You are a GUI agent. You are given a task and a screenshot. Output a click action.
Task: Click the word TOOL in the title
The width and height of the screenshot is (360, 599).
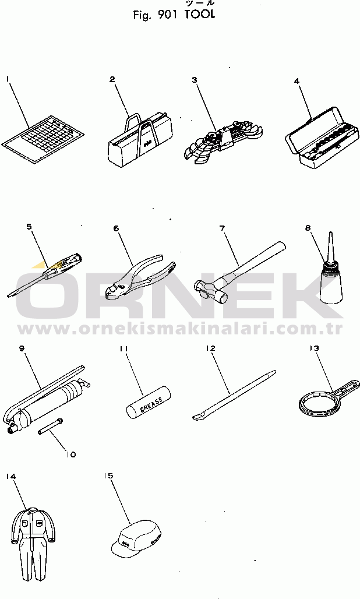[200, 15]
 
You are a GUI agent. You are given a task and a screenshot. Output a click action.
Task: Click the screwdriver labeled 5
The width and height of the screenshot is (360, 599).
[45, 274]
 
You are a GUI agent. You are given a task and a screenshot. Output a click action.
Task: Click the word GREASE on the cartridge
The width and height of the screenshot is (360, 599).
[151, 404]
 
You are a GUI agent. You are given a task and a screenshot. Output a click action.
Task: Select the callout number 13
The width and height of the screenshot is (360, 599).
[314, 348]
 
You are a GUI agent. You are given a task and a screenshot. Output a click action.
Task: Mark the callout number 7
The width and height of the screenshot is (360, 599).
[222, 228]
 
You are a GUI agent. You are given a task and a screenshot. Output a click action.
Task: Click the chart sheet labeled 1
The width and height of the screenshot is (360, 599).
[43, 140]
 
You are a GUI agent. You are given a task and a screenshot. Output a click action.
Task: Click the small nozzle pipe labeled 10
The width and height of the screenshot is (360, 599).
[51, 426]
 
